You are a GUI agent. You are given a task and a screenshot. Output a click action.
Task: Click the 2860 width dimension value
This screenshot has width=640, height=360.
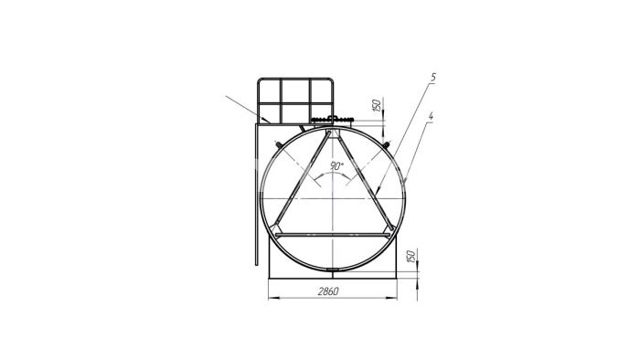tap(328, 291)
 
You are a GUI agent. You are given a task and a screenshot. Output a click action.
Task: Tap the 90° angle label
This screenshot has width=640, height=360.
tap(337, 166)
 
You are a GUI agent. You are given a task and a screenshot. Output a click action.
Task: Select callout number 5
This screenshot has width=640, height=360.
tap(433, 78)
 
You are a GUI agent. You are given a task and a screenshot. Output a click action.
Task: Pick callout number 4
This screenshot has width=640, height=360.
tap(431, 116)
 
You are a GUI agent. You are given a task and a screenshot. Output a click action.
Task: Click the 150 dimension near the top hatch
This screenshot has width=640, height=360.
tap(377, 105)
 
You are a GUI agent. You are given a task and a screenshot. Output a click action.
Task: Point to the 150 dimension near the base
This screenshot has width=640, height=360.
tap(411, 257)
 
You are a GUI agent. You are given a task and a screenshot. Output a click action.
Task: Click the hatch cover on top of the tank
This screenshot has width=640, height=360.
tap(332, 120)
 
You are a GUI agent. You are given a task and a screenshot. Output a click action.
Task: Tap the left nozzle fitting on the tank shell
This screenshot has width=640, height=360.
tap(279, 144)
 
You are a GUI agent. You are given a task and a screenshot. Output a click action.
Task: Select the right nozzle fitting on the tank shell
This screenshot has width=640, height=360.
tap(386, 144)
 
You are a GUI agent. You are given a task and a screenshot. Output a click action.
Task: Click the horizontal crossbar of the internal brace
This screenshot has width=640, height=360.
tap(333, 235)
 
